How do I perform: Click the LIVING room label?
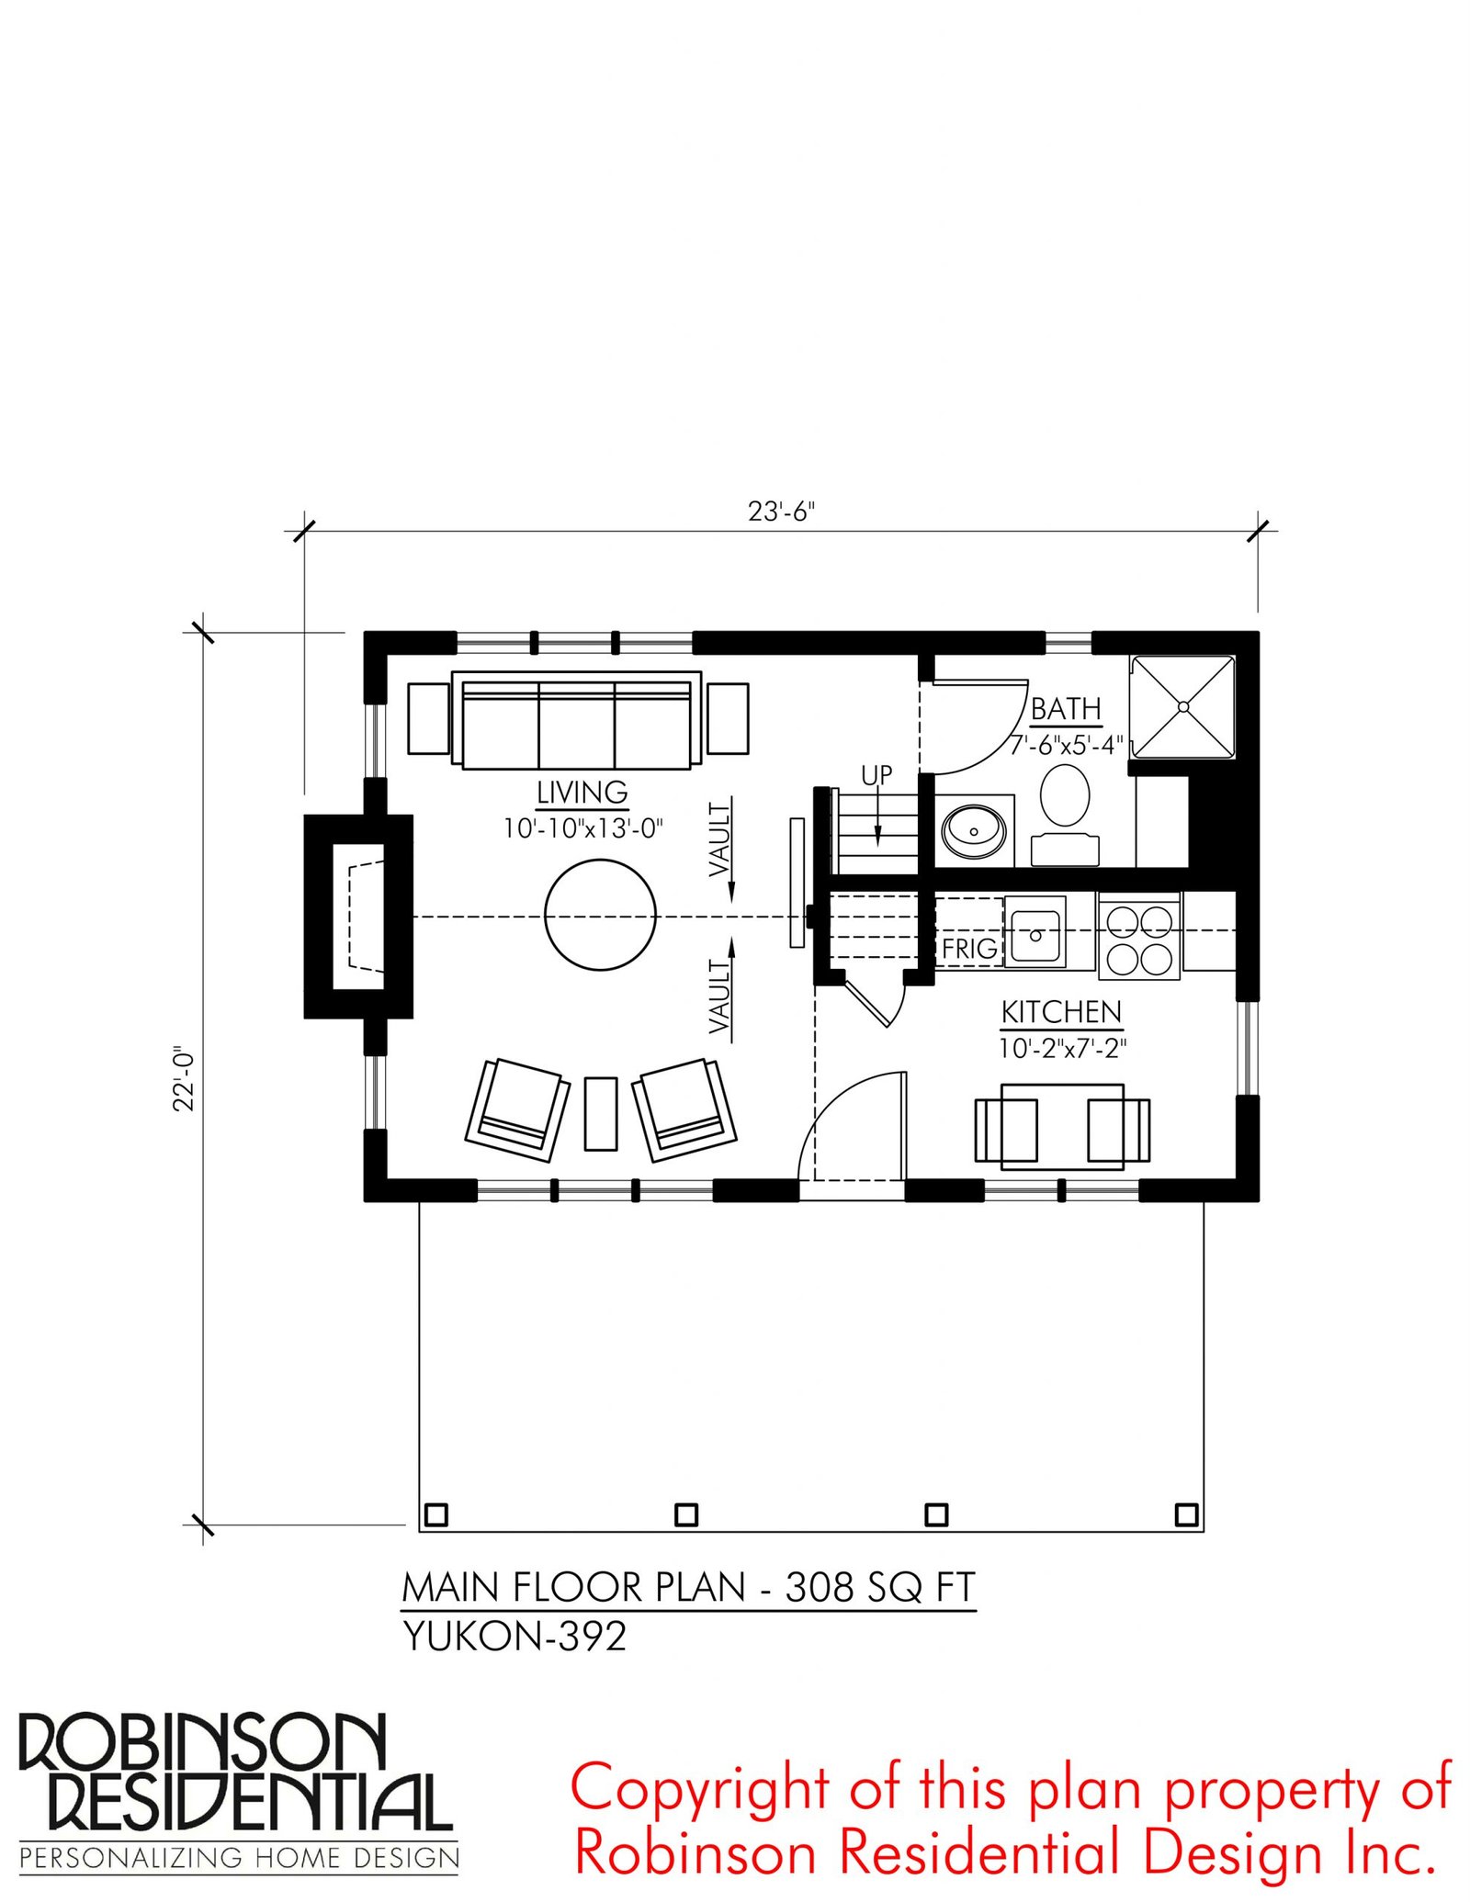pos(582,792)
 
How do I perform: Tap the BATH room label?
pos(1066,709)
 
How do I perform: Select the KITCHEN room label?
pos(1061,1012)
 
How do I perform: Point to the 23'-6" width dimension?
pos(781,512)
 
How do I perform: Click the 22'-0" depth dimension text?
pos(185,1078)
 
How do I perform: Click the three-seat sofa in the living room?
pos(577,721)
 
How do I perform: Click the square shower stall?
pos(1183,707)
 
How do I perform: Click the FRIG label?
pos(969,949)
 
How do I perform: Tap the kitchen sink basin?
pos(1035,932)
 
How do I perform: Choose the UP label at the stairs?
pos(876,775)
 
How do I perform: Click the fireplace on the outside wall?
pos(358,916)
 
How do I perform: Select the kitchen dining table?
pos(1062,1127)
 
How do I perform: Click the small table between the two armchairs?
pos(601,1112)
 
